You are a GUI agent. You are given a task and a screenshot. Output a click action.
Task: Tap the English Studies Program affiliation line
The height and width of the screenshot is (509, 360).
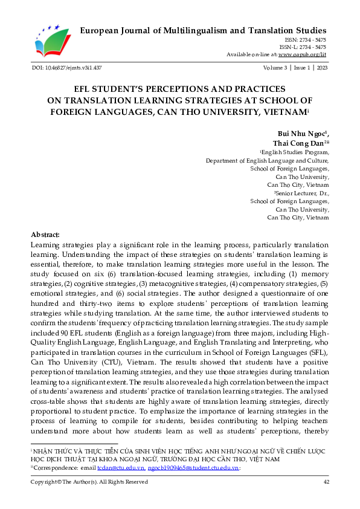[x=295, y=153]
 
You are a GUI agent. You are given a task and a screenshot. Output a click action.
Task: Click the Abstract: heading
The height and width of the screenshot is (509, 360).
[x=45, y=235]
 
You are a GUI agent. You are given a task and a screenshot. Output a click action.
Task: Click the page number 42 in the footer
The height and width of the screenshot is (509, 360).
[x=326, y=482]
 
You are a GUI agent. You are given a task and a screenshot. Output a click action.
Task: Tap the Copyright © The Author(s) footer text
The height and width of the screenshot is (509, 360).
[x=89, y=482]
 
